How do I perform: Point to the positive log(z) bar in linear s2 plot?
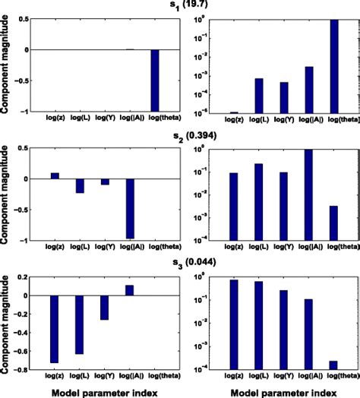coord(55,175)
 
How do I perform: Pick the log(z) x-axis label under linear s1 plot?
coord(54,119)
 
